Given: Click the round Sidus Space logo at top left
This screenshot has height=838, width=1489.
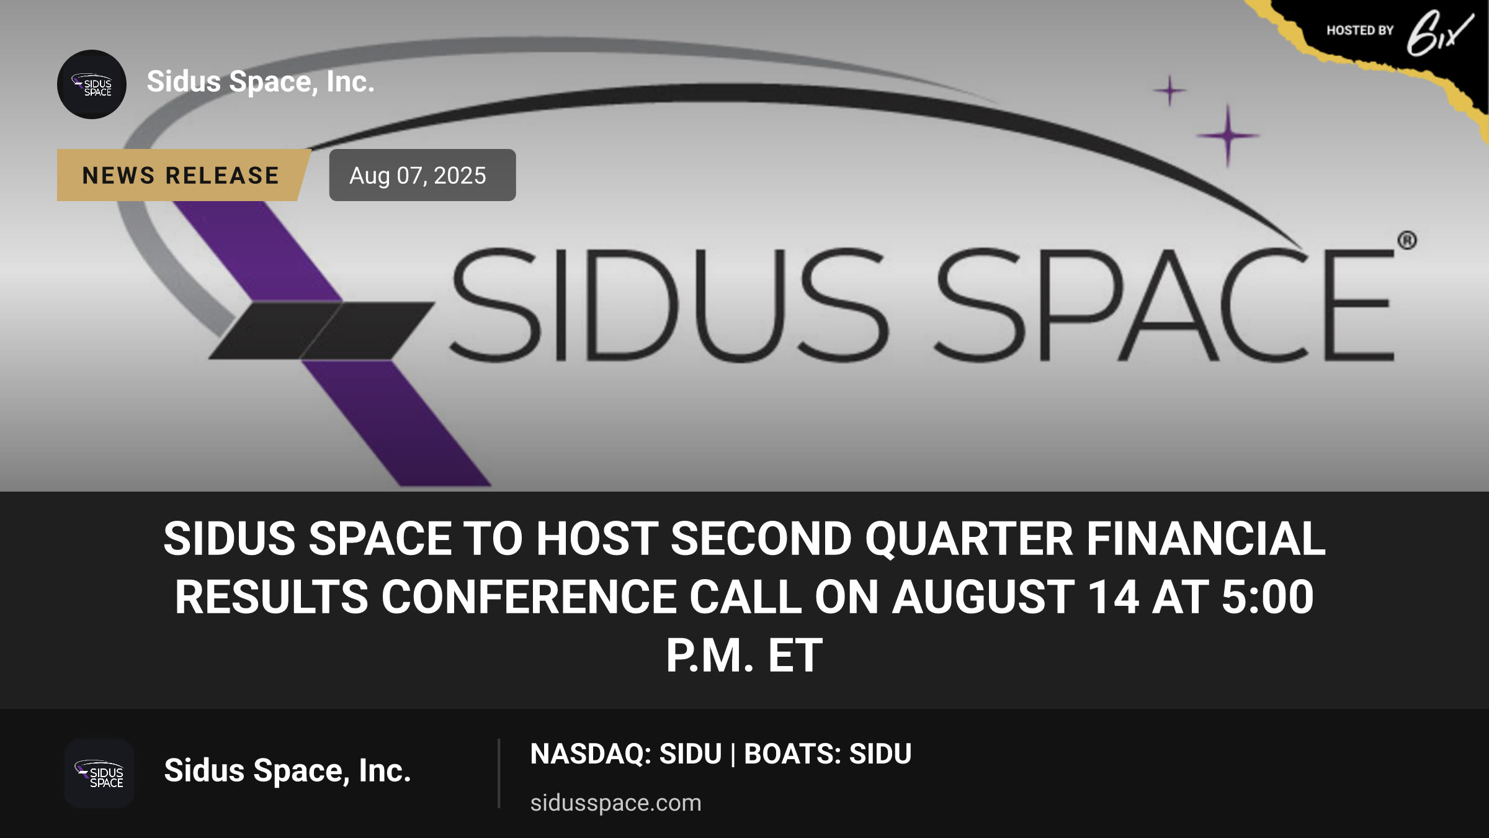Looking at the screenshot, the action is pyautogui.click(x=92, y=84).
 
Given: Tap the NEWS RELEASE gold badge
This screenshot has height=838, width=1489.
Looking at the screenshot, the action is pyautogui.click(x=183, y=175).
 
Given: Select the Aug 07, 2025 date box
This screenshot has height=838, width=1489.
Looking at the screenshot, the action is pyautogui.click(x=422, y=175).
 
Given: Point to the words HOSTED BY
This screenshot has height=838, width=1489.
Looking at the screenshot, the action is pyautogui.click(x=1360, y=30).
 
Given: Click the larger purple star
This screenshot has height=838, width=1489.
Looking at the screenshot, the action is pyautogui.click(x=1228, y=135).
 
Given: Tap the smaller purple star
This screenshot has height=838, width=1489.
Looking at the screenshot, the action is pyautogui.click(x=1170, y=91).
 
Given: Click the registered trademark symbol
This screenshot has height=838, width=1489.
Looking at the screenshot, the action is pyautogui.click(x=1407, y=240).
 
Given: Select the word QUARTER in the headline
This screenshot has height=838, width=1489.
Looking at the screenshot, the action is pyautogui.click(x=968, y=539).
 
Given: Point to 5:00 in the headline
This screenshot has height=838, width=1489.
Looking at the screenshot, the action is pyautogui.click(x=1268, y=597).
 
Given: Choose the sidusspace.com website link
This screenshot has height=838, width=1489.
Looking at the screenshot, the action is pyautogui.click(x=615, y=803).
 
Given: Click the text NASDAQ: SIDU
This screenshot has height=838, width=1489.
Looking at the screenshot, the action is pyautogui.click(x=626, y=754).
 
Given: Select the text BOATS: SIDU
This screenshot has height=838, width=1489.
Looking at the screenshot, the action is pyautogui.click(x=828, y=754).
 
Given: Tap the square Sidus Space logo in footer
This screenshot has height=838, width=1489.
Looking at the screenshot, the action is pyautogui.click(x=99, y=773).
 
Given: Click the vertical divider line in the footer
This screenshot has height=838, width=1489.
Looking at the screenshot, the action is pyautogui.click(x=499, y=773).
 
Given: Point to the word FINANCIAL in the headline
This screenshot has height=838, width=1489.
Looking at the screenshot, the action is pyautogui.click(x=1206, y=539).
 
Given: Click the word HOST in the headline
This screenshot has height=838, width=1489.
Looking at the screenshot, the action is pyautogui.click(x=597, y=539).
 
